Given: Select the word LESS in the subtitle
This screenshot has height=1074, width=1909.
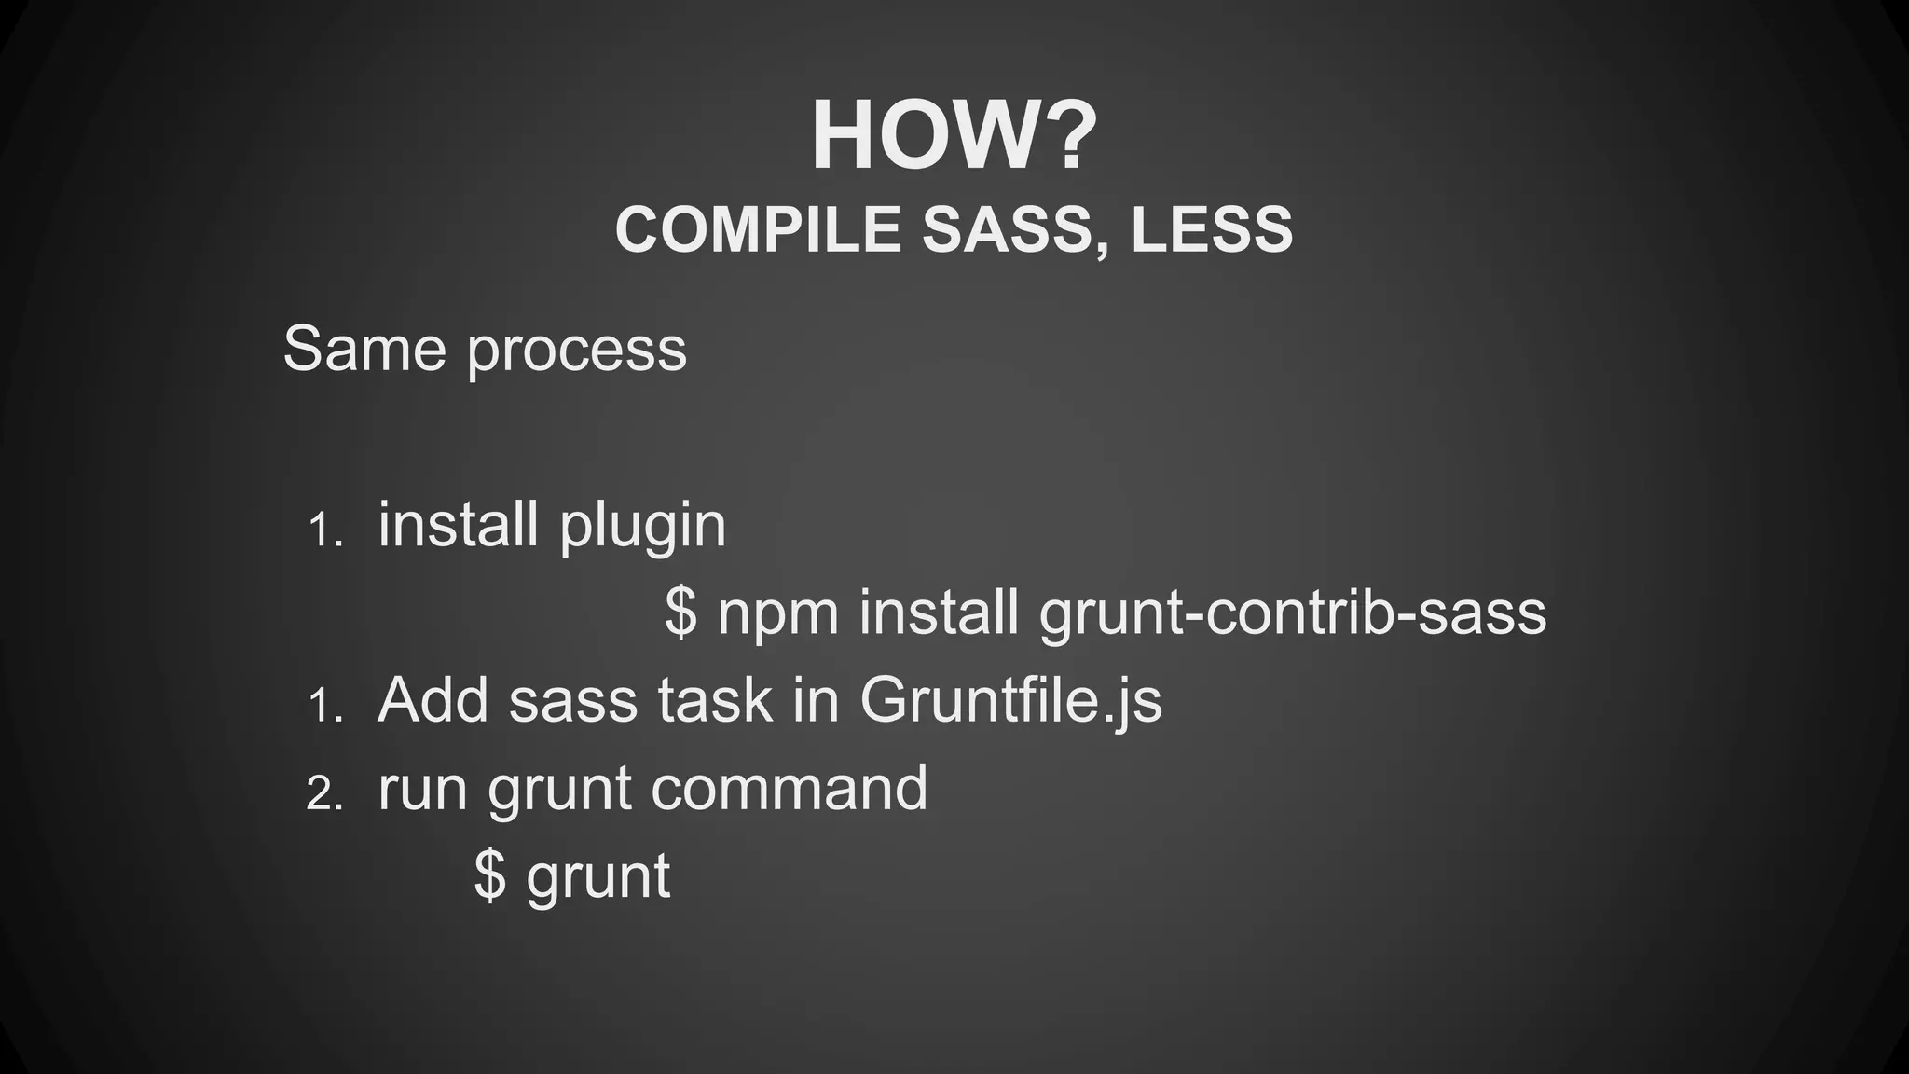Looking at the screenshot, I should pos(1212,229).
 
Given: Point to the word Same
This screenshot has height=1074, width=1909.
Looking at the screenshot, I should pos(364,349).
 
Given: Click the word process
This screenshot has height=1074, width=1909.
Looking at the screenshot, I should pos(576,351).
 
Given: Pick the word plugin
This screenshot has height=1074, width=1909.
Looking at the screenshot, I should pos(642,528).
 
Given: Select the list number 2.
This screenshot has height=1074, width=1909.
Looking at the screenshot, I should pos(324,794).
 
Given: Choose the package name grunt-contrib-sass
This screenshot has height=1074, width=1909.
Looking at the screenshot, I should pos(1293,615).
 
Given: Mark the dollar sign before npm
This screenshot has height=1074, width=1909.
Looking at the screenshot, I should pos(681,613).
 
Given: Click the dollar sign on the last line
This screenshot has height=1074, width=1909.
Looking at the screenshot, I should pos(490,876).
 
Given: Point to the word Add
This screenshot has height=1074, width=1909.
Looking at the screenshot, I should pos(433,699).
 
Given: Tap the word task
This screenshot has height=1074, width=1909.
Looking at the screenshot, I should pos(715,701).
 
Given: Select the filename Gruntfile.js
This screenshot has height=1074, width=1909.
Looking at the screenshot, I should pos(1010,701).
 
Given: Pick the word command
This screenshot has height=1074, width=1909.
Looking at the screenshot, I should pos(789,789).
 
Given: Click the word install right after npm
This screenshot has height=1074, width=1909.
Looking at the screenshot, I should pos(939,613).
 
